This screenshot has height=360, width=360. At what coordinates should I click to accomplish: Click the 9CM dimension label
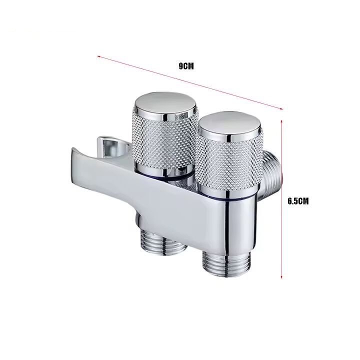[x=186, y=66]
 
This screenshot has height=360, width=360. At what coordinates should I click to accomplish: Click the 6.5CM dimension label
[x=298, y=201]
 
